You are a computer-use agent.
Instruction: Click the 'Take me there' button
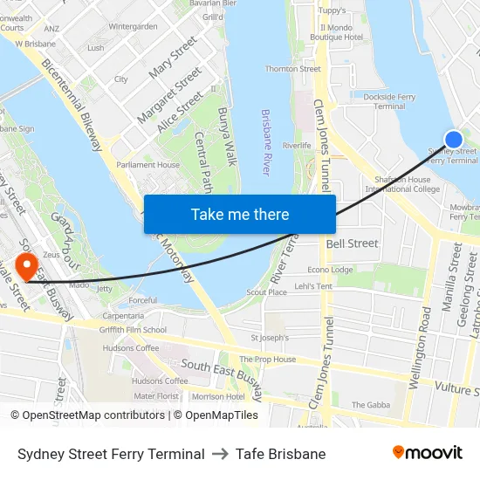[x=240, y=214]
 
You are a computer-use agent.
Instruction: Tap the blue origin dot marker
[x=454, y=139]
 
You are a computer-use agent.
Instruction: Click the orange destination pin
[x=27, y=264]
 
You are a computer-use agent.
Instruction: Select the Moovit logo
[x=428, y=453]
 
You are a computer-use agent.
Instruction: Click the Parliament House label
[x=148, y=164]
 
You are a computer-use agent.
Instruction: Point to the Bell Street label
[x=353, y=243]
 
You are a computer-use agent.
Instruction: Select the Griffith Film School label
[x=133, y=330]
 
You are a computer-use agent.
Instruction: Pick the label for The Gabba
[x=370, y=405]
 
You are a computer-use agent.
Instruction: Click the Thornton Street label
[x=292, y=69]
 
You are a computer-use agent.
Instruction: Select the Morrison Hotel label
[x=218, y=396]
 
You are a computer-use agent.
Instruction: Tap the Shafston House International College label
[x=402, y=184]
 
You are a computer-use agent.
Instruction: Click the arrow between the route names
[x=220, y=454]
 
